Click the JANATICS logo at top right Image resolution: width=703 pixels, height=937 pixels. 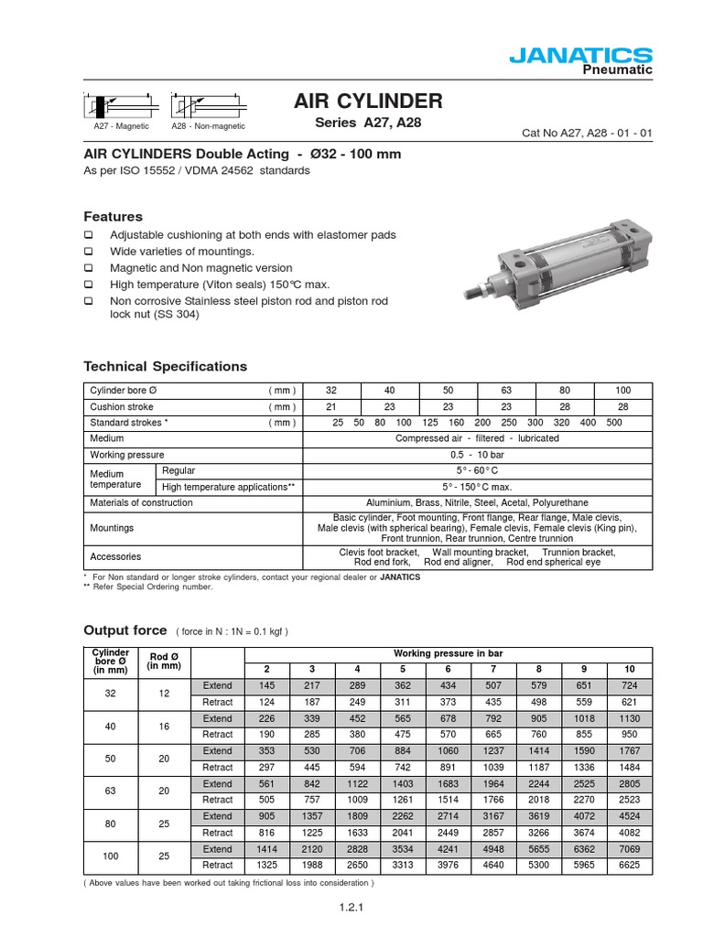592,57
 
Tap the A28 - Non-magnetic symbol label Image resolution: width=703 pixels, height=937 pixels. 208,126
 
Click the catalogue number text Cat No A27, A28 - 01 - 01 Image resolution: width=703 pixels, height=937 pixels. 585,134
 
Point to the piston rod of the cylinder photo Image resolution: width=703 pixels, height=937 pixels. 483,290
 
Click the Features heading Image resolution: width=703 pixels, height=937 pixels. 114,217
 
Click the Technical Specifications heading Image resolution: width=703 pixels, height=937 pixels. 166,366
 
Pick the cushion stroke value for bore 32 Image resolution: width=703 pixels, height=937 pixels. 331,406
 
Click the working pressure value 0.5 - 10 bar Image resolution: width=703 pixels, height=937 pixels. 477,455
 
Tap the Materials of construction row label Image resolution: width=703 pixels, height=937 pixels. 141,502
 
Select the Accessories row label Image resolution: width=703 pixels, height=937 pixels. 115,556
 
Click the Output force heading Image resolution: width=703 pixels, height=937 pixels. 125,630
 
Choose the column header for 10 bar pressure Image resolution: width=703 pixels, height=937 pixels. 628,669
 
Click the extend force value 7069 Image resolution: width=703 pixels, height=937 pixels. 628,849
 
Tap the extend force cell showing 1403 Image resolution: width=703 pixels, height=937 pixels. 403,784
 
